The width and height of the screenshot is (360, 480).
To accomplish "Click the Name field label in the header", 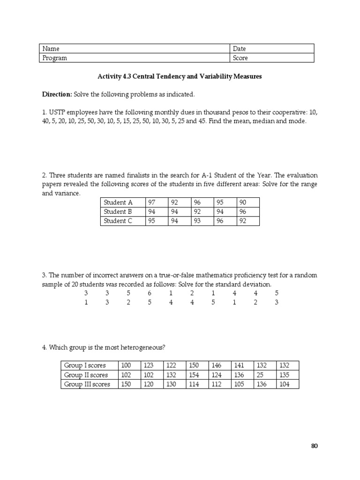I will pyautogui.click(x=51, y=49).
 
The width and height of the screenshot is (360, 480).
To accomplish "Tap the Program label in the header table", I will pyautogui.click(x=55, y=58).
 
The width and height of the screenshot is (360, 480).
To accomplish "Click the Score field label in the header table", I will pyautogui.click(x=240, y=58).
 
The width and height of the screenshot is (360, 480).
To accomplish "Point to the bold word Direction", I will pyautogui.click(x=57, y=94).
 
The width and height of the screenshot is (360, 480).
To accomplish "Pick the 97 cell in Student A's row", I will pyautogui.click(x=151, y=202).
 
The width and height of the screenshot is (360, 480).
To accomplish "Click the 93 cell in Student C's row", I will pyautogui.click(x=197, y=221).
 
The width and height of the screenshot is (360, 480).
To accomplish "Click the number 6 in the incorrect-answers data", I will pyautogui.click(x=150, y=293).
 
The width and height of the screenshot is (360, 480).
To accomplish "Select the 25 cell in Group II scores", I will pyautogui.click(x=260, y=375).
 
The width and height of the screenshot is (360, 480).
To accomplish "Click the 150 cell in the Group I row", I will pyautogui.click(x=194, y=366).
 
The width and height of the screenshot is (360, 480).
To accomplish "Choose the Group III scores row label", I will pyautogui.click(x=87, y=384).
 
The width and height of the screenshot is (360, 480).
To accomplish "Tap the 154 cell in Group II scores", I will pyautogui.click(x=194, y=375).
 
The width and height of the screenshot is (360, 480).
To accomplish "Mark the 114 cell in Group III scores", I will pyautogui.click(x=194, y=384).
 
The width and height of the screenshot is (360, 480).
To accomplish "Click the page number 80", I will pyautogui.click(x=314, y=446).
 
